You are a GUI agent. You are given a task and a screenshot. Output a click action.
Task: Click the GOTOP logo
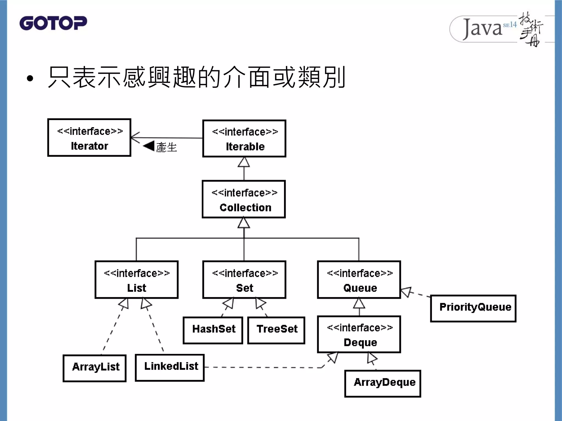tap(53, 23)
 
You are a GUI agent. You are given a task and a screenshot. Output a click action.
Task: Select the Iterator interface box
tap(89, 138)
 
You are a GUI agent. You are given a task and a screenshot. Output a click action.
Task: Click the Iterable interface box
tap(244, 139)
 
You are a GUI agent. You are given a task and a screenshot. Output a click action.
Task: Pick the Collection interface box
tap(244, 199)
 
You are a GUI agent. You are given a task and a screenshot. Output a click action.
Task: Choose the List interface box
tap(136, 280)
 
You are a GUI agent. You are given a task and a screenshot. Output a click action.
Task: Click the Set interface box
tap(244, 280)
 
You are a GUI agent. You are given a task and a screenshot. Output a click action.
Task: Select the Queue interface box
tap(359, 280)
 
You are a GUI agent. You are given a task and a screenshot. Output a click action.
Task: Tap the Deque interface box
tap(359, 334)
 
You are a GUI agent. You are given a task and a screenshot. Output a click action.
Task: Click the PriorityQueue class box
tap(473, 308)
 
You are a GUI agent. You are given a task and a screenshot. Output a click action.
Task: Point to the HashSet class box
tap(213, 330)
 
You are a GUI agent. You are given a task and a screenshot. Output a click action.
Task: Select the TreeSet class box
tap(276, 330)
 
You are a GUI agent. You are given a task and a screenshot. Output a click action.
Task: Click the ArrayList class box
tap(94, 368)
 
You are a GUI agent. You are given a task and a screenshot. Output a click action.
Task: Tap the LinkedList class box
tap(170, 368)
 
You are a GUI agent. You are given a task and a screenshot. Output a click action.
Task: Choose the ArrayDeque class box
tap(383, 383)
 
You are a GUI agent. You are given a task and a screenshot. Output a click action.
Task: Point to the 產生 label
tap(167, 147)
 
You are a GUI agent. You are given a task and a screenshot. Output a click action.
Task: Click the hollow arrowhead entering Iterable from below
tap(244, 163)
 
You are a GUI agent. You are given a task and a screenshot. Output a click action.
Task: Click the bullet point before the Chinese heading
tap(30, 79)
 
